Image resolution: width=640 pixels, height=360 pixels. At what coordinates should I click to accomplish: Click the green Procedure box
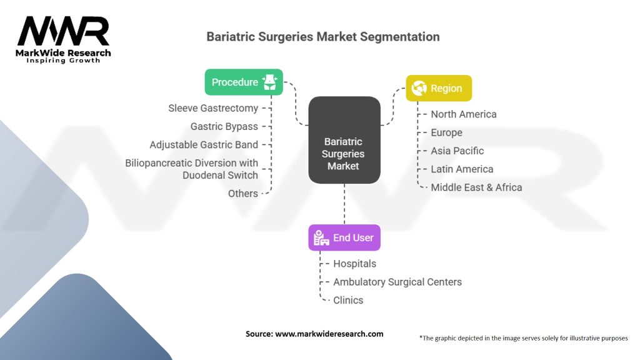[x=244, y=82]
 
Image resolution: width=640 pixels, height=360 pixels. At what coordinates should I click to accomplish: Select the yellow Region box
[x=439, y=88]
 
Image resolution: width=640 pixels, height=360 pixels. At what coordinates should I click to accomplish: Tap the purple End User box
[x=344, y=237]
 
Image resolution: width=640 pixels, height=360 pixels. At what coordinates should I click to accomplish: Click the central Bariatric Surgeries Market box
[x=344, y=140]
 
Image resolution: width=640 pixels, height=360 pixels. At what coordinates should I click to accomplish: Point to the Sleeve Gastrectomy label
[x=213, y=108]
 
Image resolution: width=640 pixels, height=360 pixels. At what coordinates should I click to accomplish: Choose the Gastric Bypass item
[x=224, y=126]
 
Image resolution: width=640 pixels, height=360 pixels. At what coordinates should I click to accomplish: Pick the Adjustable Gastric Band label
[x=204, y=145]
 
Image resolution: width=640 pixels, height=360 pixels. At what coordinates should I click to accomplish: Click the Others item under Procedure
[x=243, y=194]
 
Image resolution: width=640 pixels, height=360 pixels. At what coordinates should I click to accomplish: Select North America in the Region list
[x=464, y=114]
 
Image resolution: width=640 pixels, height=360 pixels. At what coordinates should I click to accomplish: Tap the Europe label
[x=446, y=132]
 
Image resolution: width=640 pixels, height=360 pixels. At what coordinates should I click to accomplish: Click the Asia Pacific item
[x=457, y=151]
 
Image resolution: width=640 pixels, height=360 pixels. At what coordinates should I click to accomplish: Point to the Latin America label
[x=462, y=169]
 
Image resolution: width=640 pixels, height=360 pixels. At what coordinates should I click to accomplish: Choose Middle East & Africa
[x=476, y=187]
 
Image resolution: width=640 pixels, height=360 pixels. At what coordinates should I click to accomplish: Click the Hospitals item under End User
[x=355, y=264]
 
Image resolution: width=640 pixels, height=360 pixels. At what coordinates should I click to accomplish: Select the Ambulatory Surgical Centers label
[x=397, y=282]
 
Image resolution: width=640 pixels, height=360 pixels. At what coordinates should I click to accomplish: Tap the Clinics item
[x=348, y=301]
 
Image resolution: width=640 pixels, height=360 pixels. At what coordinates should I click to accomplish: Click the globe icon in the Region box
[x=419, y=88]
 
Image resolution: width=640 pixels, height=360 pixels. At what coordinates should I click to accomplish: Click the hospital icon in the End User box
[x=321, y=237]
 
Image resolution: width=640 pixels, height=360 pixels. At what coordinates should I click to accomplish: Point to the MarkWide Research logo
[x=63, y=39]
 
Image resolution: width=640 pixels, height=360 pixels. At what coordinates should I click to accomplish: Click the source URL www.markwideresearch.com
[x=329, y=334]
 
